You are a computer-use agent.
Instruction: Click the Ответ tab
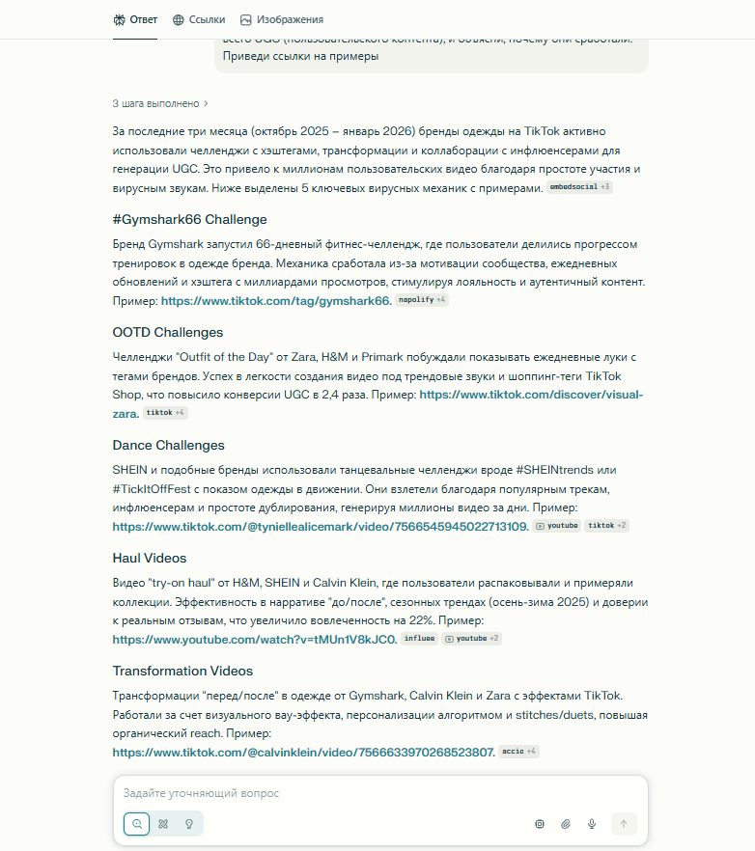coord(135,19)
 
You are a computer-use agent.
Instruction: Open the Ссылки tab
coord(199,19)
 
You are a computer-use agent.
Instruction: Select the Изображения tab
coord(282,19)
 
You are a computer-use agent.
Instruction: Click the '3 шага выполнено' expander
coord(160,103)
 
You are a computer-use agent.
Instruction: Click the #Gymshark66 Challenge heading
coord(189,219)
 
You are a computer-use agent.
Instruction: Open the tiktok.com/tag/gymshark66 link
coord(275,301)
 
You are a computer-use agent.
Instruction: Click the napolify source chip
coord(422,300)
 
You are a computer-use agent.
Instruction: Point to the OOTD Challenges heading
coord(167,332)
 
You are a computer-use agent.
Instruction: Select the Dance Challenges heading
coord(168,445)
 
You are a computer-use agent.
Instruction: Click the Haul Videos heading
coord(149,558)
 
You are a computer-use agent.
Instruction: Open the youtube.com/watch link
coord(254,640)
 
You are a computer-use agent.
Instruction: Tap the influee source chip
coord(419,639)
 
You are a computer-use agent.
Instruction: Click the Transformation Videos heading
coord(182,671)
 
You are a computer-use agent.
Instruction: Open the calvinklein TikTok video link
coord(303,753)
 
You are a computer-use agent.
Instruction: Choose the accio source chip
coord(518,752)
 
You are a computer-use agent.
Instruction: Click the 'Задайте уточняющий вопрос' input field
coord(377,793)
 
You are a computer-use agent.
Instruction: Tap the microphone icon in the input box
coord(592,824)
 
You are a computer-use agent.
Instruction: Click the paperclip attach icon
coord(566,824)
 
